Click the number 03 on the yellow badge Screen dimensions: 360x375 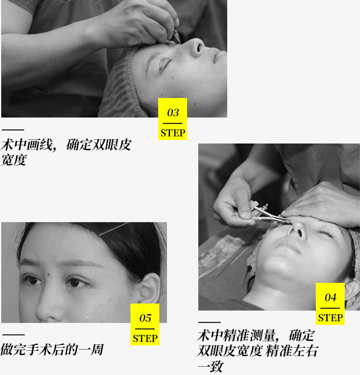click(173, 113)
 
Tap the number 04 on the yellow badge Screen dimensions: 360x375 click(330, 298)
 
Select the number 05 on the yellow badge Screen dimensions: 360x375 click(145, 318)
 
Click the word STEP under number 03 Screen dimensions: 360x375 click(172, 133)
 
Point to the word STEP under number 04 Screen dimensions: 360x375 click(330, 318)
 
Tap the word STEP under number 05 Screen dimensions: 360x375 click(145, 338)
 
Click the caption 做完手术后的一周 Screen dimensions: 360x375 click(52, 350)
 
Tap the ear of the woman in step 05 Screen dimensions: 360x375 click(150, 289)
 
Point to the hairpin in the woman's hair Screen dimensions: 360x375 click(114, 229)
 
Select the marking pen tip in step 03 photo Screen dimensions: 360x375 click(178, 38)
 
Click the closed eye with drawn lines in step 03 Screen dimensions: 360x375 click(165, 63)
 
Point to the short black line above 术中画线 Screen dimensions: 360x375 click(13, 130)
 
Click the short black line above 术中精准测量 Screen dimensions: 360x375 click(210, 322)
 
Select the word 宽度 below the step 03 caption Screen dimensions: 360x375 click(14, 160)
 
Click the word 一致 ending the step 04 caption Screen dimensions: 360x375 click(210, 367)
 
